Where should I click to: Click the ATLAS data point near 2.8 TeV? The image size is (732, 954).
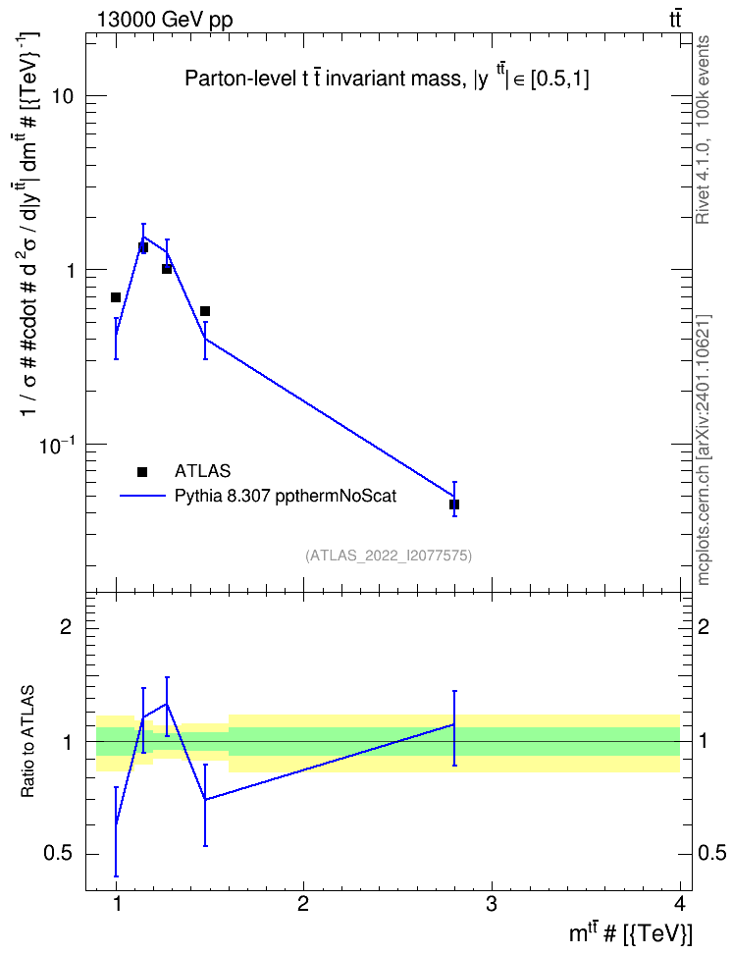click(454, 504)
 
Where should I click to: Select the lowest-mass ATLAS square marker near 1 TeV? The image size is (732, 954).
click(116, 297)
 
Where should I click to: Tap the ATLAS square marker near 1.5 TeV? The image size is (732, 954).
click(205, 311)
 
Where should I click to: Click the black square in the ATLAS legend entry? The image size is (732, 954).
click(142, 471)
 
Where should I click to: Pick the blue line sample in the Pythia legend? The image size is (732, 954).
click(142, 496)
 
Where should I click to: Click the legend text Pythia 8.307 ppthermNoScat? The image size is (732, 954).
click(286, 496)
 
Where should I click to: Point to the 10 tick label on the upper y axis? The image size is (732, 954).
click(62, 96)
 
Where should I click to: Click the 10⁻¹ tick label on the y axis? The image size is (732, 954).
click(56, 445)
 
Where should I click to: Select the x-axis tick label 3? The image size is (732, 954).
click(491, 904)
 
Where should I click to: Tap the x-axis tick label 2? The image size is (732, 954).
click(303, 904)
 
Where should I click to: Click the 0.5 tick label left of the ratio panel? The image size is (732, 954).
click(59, 854)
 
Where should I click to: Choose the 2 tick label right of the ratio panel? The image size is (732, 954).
click(704, 626)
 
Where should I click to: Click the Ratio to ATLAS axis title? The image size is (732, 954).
click(27, 742)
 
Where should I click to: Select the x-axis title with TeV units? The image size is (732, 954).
click(630, 932)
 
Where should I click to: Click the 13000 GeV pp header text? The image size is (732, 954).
click(165, 20)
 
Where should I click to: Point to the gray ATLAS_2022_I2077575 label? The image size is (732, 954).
click(389, 555)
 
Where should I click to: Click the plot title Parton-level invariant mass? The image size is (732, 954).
click(387, 79)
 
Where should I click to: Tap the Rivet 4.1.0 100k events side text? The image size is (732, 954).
click(703, 130)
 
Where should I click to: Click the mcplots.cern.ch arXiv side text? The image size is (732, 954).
click(704, 450)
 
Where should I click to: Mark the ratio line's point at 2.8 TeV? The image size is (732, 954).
click(454, 724)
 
